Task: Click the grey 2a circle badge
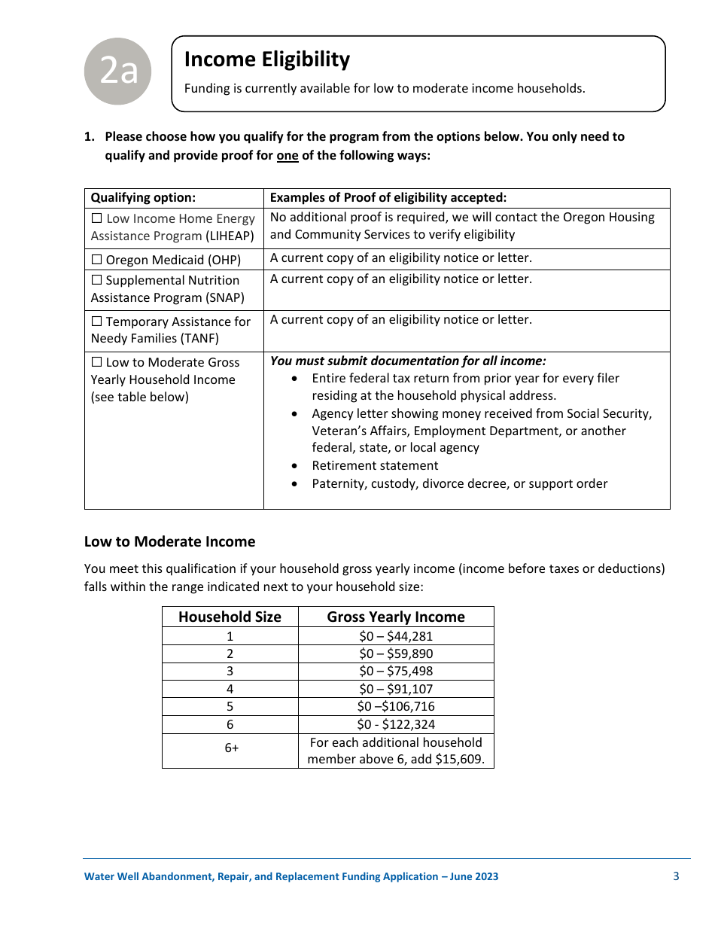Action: tap(117, 71)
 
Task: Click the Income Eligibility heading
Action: tap(266, 59)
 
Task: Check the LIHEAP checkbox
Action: tap(96, 218)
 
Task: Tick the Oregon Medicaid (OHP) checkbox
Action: tap(96, 260)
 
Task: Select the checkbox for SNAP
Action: tap(96, 280)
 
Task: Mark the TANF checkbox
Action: tap(96, 321)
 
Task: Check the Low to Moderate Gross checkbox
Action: tap(96, 362)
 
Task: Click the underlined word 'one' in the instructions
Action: tap(288, 156)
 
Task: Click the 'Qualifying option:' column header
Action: tap(143, 198)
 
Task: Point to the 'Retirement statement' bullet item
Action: tap(375, 465)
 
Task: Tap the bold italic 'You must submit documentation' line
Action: tap(408, 361)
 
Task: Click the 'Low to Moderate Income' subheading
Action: tap(169, 541)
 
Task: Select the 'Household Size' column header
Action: tap(230, 617)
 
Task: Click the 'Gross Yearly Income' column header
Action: tap(396, 617)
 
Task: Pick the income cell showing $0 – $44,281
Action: tap(396, 636)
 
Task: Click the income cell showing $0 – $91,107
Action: tap(396, 689)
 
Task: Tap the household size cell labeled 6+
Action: tap(230, 751)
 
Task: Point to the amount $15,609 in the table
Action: tap(458, 759)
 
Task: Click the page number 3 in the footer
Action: tap(676, 876)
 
